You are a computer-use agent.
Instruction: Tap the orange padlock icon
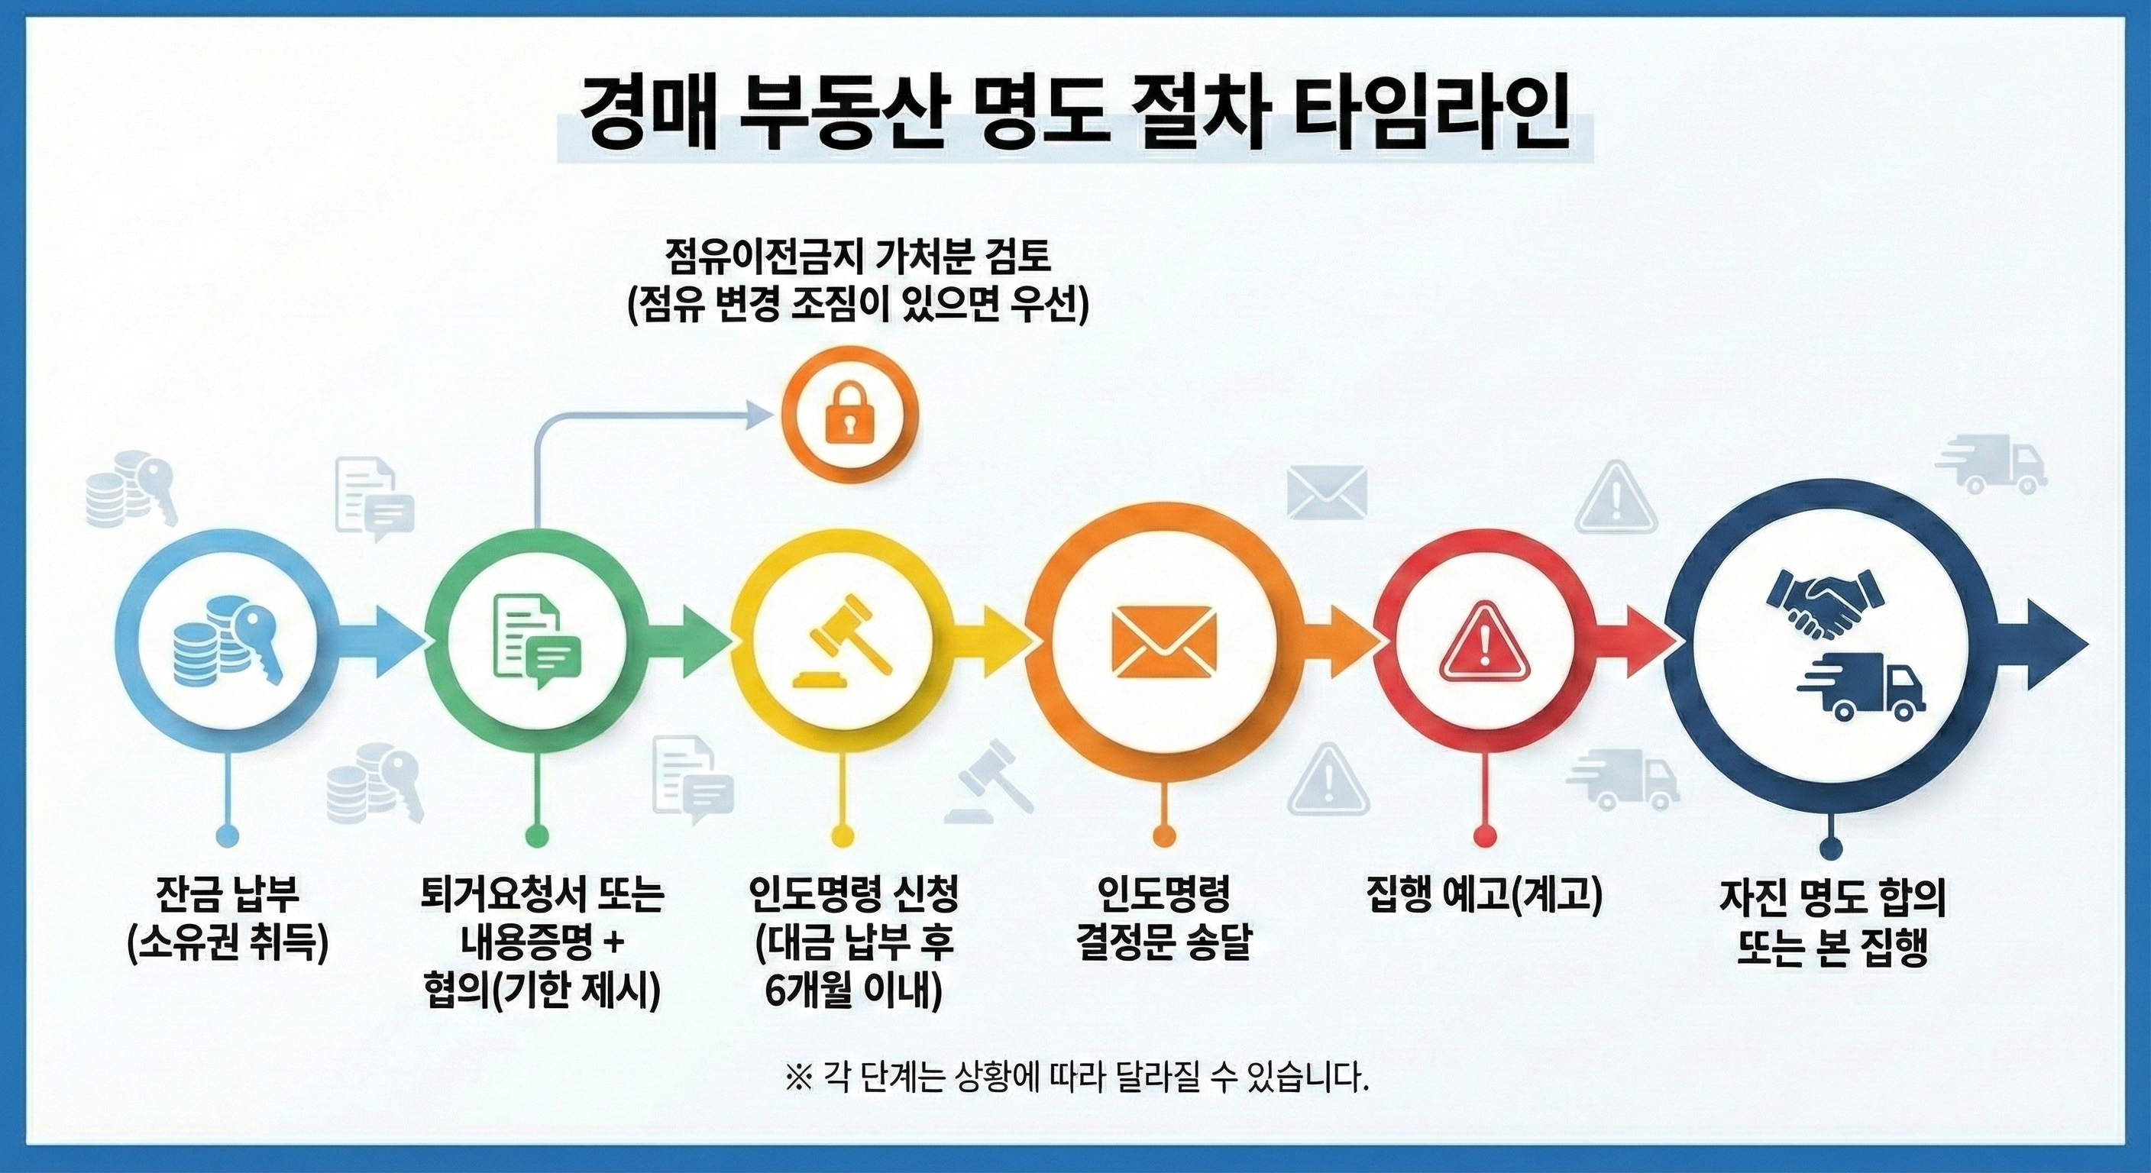point(849,413)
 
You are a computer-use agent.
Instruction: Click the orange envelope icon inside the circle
point(1164,644)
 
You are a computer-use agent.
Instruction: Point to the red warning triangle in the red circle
point(1484,644)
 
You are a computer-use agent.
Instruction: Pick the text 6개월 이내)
point(852,990)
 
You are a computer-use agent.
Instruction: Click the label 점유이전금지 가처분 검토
point(858,258)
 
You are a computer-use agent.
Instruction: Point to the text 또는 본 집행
point(1832,948)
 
